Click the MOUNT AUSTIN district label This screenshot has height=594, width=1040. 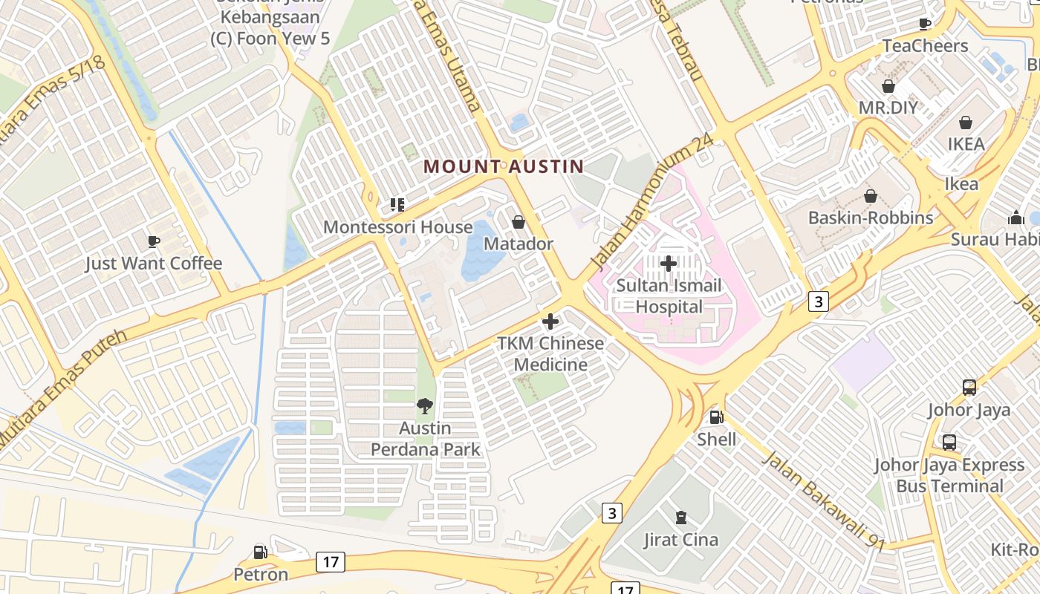(x=504, y=166)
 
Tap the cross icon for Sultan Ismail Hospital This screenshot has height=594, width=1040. (x=668, y=263)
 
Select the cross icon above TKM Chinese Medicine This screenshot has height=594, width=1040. (x=550, y=322)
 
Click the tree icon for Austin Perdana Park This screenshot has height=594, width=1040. (x=425, y=406)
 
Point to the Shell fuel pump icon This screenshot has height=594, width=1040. (x=716, y=417)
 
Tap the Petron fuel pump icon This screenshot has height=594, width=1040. (x=260, y=552)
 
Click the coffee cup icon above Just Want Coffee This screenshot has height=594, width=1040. (x=154, y=241)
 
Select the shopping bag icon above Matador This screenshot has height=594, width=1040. (x=519, y=222)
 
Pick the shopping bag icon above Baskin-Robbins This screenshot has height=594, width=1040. (x=871, y=196)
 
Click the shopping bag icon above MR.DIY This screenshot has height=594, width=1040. (x=888, y=86)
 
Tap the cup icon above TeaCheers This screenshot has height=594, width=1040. (x=925, y=24)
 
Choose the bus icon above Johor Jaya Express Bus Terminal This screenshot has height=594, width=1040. (x=949, y=443)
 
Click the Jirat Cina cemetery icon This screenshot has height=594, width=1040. (x=680, y=518)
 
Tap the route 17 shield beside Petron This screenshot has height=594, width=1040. (x=331, y=562)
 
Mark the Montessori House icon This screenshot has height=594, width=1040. (x=397, y=204)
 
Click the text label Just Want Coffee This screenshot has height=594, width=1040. (x=154, y=264)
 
